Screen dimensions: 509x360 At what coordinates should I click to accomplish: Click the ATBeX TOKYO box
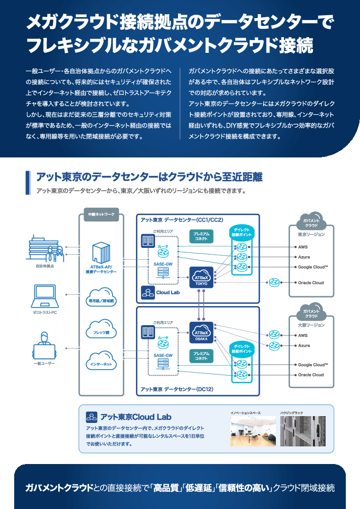coord(201,277)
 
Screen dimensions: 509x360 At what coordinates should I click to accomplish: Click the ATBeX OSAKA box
coord(201,332)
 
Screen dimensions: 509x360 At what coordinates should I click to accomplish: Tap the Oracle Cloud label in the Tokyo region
coord(311,283)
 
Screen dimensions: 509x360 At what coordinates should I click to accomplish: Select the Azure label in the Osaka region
coord(304,345)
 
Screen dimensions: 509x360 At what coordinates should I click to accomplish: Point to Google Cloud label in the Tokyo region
coord(313,267)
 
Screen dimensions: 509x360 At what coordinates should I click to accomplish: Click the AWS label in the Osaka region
coord(303,335)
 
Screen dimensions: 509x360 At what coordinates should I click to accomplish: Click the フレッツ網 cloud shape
coord(101,331)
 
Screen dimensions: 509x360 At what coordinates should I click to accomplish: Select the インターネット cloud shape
coord(101,362)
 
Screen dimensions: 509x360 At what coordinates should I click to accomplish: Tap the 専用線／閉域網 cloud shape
coord(101,299)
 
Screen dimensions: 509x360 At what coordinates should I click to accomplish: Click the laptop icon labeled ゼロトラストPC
coord(45,294)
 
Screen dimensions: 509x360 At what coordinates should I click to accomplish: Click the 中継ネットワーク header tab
coord(101,214)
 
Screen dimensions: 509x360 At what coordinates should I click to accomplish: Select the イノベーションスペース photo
coord(253,431)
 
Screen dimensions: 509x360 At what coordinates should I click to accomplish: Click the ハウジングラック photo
coord(303,431)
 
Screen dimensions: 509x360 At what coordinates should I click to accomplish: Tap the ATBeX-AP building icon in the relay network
coord(101,252)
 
